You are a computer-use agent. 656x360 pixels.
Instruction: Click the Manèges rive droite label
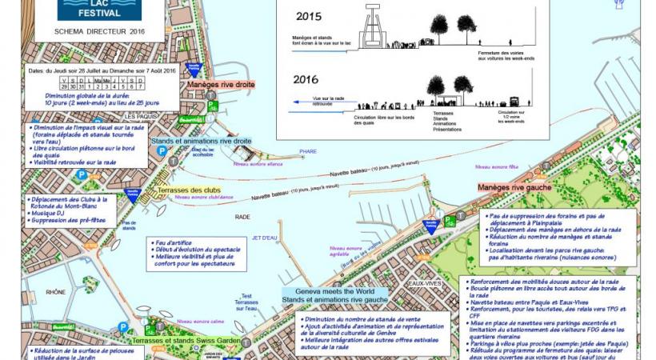coord(220,84)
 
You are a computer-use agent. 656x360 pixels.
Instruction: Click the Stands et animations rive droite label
coord(210,142)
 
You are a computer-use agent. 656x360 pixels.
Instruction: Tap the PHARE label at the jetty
coord(308,151)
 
